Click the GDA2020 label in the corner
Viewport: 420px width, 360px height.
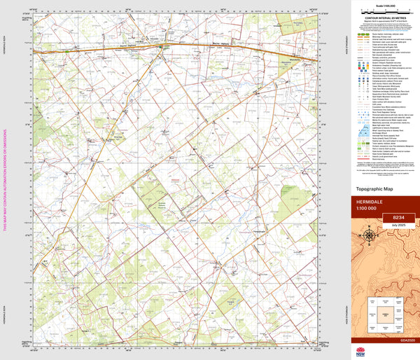[x=408, y=340]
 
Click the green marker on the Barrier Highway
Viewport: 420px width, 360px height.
[x=166, y=48]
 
